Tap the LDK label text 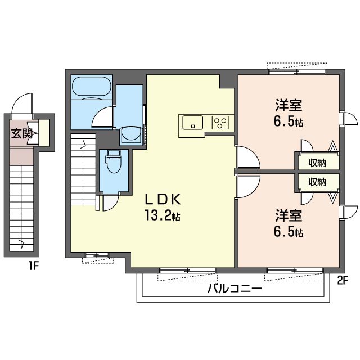tap(163, 199)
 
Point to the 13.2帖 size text tap(163, 215)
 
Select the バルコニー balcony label tap(235, 289)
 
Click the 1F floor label tap(34, 266)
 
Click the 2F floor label tap(343, 280)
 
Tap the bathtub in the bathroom tap(91, 86)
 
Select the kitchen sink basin tap(192, 123)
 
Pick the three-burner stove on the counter tap(220, 123)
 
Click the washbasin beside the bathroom tap(131, 136)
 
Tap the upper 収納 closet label tap(317, 163)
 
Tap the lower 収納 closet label tap(317, 182)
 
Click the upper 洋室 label tap(289, 105)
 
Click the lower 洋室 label tap(289, 215)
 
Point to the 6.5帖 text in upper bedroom tap(289, 121)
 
